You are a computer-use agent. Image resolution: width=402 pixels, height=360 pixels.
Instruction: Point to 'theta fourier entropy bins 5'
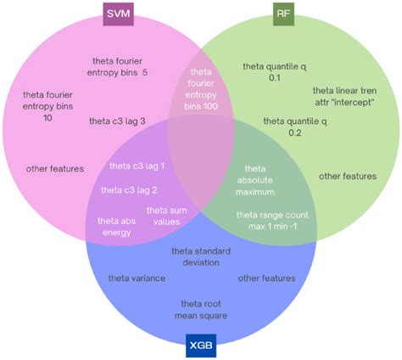(120, 66)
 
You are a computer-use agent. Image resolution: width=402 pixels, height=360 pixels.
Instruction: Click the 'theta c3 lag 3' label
(117, 122)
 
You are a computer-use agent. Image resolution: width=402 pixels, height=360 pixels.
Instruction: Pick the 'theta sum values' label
(164, 216)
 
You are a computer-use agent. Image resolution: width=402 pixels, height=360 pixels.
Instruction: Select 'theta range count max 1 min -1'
(271, 221)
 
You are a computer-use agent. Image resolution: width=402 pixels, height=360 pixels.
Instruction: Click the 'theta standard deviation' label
(200, 257)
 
